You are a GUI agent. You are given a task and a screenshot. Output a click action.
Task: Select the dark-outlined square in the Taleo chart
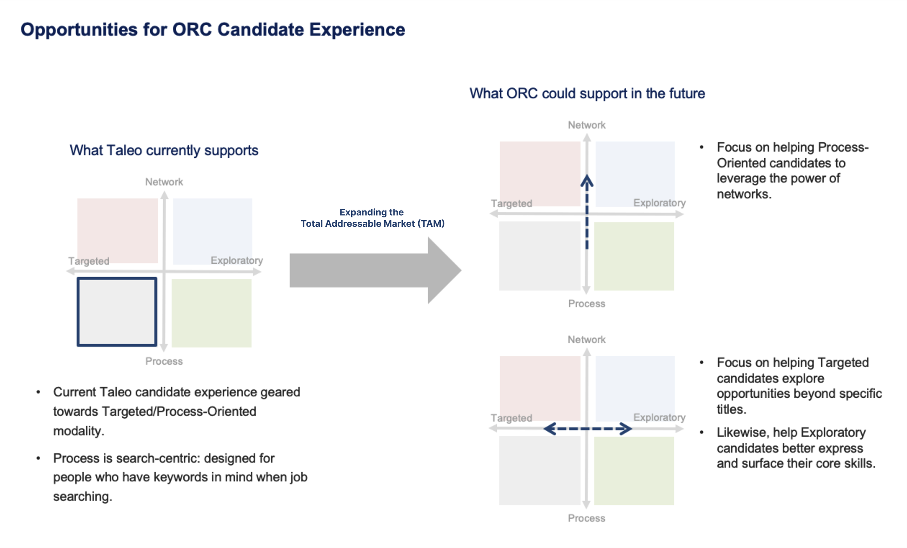coord(117,312)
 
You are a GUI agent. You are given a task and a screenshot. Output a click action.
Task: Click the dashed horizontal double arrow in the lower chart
coord(587,429)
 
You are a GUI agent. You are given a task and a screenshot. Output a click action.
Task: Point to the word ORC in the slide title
coord(192,29)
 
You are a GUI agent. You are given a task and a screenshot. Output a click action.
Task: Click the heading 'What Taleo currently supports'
coord(164,150)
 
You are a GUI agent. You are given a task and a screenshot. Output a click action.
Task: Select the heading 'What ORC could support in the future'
coord(587,94)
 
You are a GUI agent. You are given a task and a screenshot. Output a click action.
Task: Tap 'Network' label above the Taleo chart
coord(164,182)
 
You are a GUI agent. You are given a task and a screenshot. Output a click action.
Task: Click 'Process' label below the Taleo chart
coord(164,361)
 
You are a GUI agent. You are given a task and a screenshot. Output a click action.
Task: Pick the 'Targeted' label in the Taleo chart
coord(89,261)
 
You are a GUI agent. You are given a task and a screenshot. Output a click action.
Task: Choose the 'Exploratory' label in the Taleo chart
coord(237,260)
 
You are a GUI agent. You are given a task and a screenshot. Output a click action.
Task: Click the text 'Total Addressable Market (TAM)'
coord(373,224)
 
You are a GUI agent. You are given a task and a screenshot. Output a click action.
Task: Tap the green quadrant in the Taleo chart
coord(212,313)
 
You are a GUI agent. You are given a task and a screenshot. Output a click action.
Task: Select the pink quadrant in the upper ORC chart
coord(539,174)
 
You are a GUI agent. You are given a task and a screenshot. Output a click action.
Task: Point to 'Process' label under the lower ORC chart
coord(586,518)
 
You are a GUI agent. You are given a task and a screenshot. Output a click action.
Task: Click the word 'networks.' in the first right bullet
coord(744,194)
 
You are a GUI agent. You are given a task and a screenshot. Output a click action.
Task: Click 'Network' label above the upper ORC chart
coord(586,125)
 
